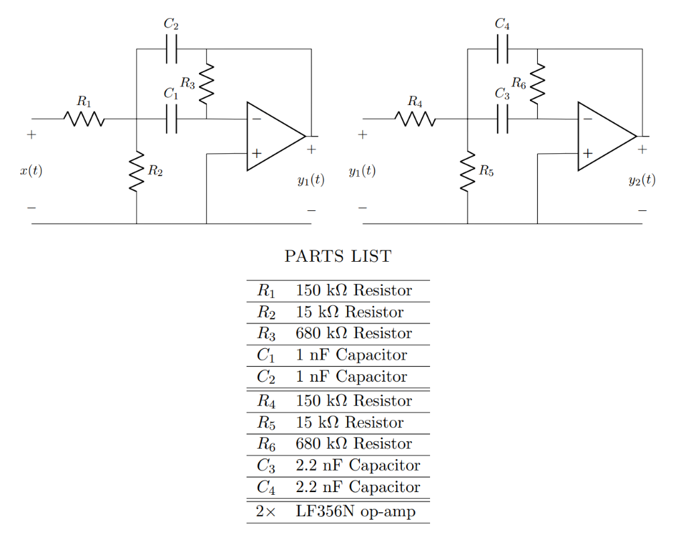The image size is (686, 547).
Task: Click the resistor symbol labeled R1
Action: point(84,119)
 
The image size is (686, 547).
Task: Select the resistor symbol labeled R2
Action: point(137,171)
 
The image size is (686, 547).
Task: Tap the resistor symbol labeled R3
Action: point(206,84)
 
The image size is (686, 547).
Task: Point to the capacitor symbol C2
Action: point(171,50)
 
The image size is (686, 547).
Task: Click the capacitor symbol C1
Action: point(171,119)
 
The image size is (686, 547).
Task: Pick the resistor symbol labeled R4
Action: point(415,119)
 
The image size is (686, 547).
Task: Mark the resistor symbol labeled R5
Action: point(468,171)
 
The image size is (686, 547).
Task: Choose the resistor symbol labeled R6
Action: point(537,84)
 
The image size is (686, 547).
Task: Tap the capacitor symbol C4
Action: point(502,50)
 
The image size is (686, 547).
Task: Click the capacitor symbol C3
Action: point(502,119)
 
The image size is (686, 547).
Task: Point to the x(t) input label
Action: point(31,171)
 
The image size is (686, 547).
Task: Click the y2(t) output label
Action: point(642,180)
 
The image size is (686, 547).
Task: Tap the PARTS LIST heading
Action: point(338,256)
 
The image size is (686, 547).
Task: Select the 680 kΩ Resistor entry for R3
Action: point(353,333)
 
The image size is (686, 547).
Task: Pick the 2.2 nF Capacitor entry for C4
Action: point(358,487)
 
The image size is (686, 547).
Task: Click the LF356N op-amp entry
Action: point(355,512)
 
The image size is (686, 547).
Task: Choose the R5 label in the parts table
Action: point(266,423)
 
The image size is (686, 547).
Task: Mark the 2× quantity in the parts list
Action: point(265,512)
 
